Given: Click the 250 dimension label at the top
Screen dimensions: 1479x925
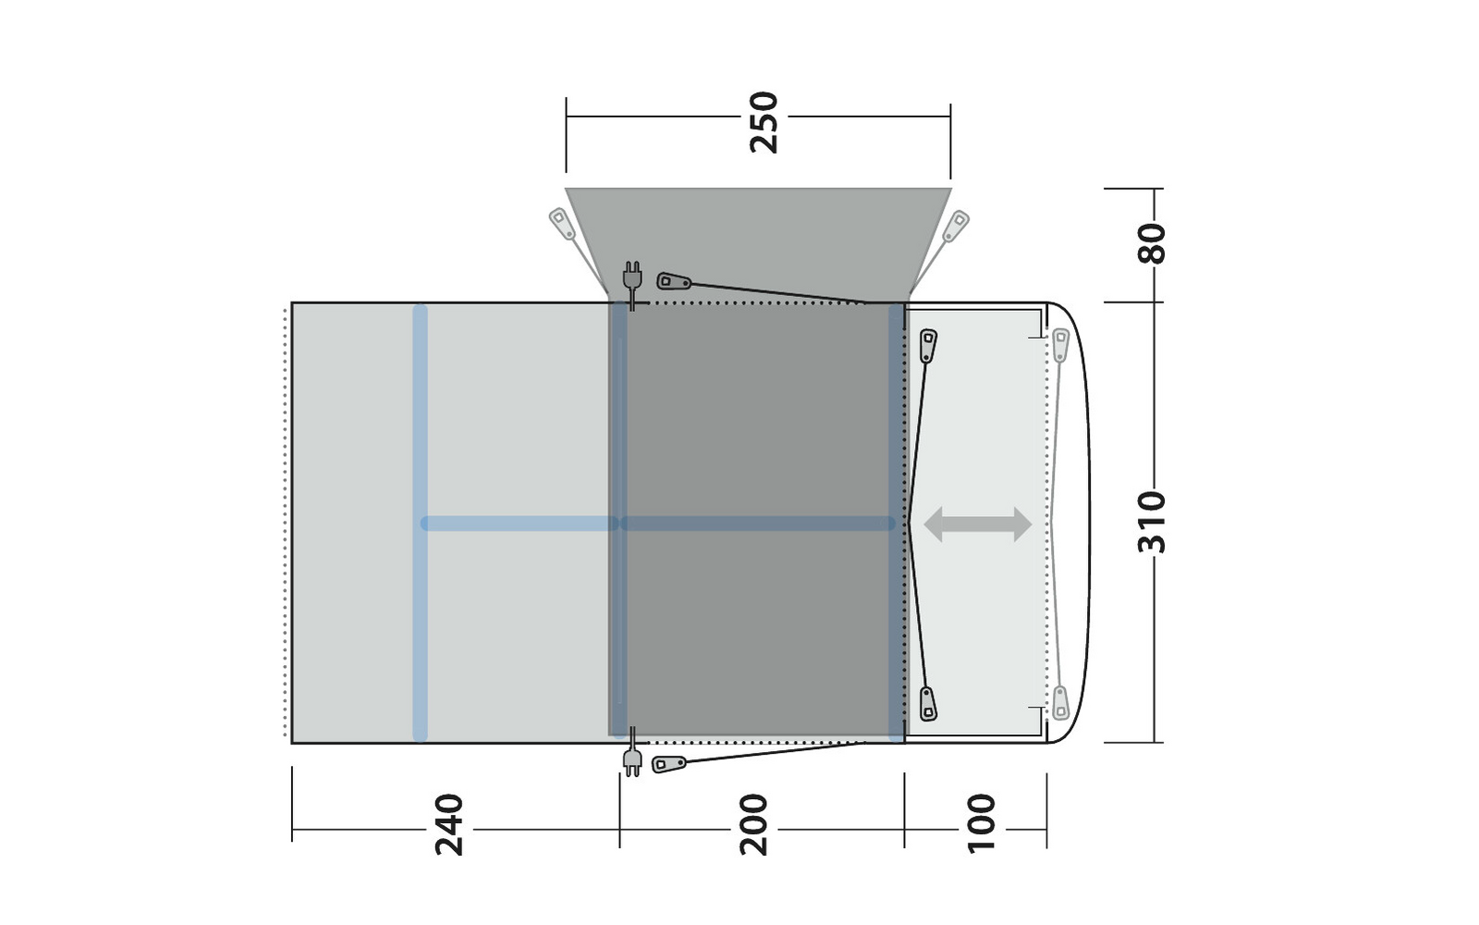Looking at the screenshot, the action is coord(764,122).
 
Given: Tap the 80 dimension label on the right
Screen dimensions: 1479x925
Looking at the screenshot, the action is coord(1152,244).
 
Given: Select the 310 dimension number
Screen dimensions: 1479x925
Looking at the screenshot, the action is coord(1152,522).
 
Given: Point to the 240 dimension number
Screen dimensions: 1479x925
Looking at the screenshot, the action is coord(449,825).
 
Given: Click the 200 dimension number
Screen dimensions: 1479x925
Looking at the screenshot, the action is coord(753,825).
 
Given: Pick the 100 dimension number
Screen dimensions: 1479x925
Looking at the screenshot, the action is coord(981,824).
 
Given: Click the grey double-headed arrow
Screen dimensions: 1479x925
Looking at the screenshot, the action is coord(977,524).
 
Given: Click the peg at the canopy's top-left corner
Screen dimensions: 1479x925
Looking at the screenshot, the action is coord(562,224).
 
